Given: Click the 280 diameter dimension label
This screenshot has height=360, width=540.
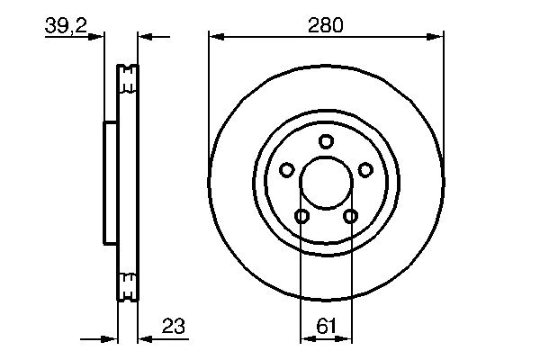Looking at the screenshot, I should click(325, 26).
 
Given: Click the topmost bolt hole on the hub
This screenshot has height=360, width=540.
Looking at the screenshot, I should click(326, 140).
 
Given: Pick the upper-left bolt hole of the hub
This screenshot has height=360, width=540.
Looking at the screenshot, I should click(286, 169).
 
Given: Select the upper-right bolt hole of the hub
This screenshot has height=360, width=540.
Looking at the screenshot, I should click(365, 169).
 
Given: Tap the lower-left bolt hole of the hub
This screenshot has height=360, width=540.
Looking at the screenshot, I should click(301, 216).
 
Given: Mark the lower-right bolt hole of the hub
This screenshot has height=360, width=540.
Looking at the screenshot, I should click(350, 216).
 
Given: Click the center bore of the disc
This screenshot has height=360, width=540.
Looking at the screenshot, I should click(326, 183).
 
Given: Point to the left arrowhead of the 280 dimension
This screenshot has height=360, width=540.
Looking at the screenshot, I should click(215, 37).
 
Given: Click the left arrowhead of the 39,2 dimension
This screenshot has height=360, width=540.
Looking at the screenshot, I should click(98, 37).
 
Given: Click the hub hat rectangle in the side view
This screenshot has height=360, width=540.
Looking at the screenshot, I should click(111, 183).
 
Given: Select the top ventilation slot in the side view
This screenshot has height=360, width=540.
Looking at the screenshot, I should click(129, 86).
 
